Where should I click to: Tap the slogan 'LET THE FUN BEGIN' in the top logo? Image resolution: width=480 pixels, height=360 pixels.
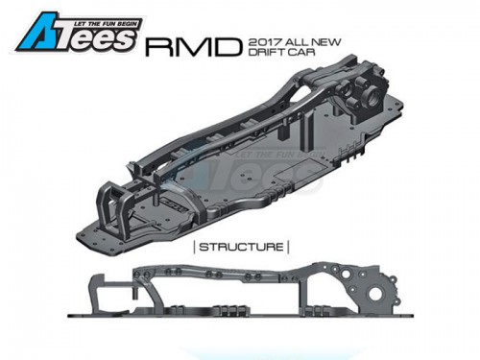tap(106, 24)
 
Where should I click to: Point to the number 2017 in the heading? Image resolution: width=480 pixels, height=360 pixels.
tap(265, 42)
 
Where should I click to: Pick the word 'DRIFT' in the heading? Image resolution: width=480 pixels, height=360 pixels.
tap(267, 52)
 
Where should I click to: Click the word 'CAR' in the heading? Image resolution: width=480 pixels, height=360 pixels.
tap(301, 52)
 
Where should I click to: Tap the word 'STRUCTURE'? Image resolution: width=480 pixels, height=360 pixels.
tap(241, 247)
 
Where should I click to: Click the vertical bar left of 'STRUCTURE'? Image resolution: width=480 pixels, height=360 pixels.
tap(195, 248)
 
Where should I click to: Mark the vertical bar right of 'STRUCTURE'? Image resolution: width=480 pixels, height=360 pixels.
tap(288, 248)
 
